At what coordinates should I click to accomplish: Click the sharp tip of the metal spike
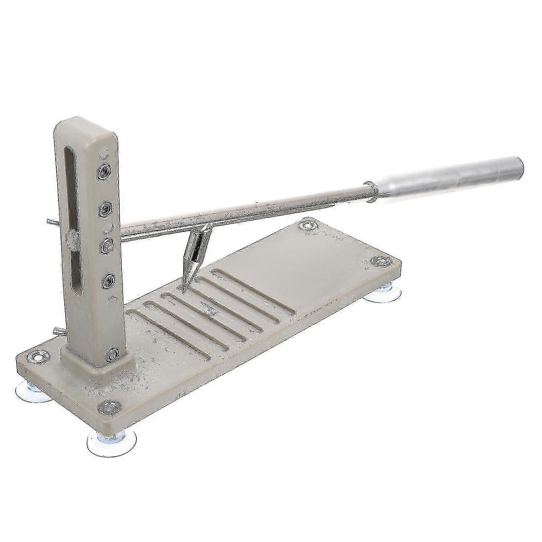(x=183, y=292)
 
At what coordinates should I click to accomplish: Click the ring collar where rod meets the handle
(x=370, y=193)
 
